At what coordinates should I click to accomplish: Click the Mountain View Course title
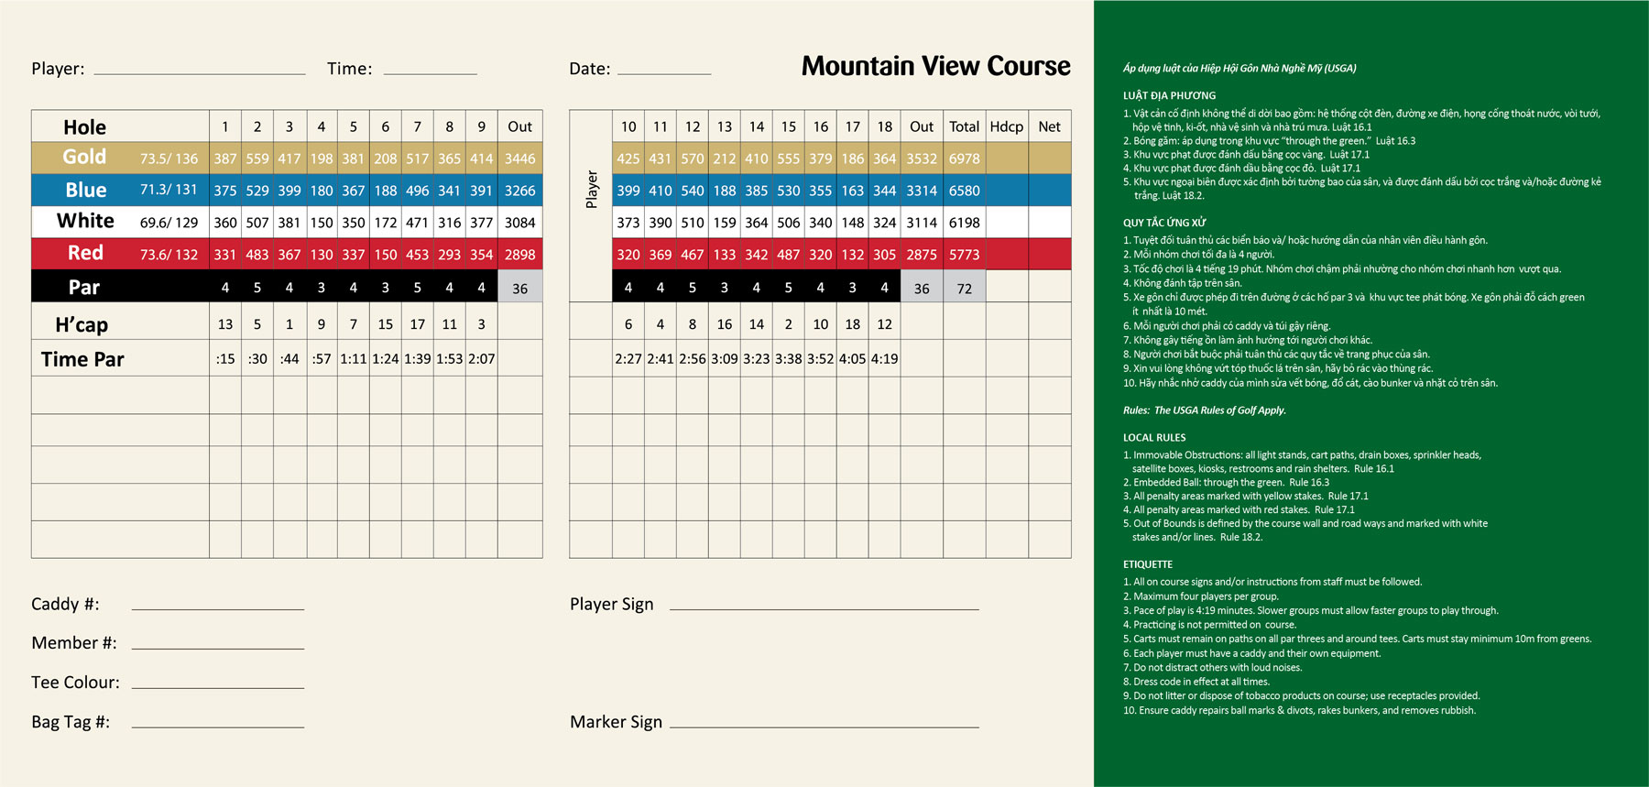pyautogui.click(x=935, y=66)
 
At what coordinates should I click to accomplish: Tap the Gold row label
pyautogui.click(x=84, y=157)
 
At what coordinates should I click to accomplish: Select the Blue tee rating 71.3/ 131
pyautogui.click(x=169, y=190)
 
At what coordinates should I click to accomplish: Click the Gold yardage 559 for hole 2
pyautogui.click(x=257, y=158)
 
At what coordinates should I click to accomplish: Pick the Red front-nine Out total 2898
pyautogui.click(x=519, y=255)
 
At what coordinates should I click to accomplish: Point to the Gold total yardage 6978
pyautogui.click(x=964, y=158)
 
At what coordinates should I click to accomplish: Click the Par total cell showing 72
pyautogui.click(x=964, y=289)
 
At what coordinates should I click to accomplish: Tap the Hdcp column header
pyautogui.click(x=1006, y=126)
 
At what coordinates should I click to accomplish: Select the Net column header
pyautogui.click(x=1049, y=126)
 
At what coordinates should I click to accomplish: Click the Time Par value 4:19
pyautogui.click(x=884, y=359)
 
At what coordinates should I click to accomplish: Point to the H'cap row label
pyautogui.click(x=82, y=324)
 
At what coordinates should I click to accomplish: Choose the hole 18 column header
pyautogui.click(x=884, y=126)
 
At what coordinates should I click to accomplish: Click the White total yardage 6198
pyautogui.click(x=964, y=223)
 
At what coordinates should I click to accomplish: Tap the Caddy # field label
pyautogui.click(x=65, y=604)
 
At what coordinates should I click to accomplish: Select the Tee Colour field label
pyautogui.click(x=75, y=682)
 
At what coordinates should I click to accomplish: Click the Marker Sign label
pyautogui.click(x=616, y=722)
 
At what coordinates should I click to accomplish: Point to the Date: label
pyautogui.click(x=589, y=69)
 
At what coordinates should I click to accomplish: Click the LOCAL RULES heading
pyautogui.click(x=1154, y=438)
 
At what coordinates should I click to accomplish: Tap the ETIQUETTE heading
pyautogui.click(x=1148, y=564)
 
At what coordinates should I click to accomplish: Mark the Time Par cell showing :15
pyautogui.click(x=225, y=359)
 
